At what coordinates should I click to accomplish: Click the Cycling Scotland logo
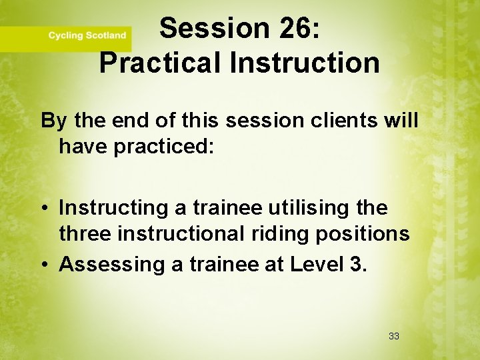[x=87, y=35]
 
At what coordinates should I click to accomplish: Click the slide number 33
[x=393, y=336]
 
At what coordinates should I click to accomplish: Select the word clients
[x=340, y=121]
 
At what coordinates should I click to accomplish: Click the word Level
[x=315, y=265]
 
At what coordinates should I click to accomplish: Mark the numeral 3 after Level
[x=355, y=265]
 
